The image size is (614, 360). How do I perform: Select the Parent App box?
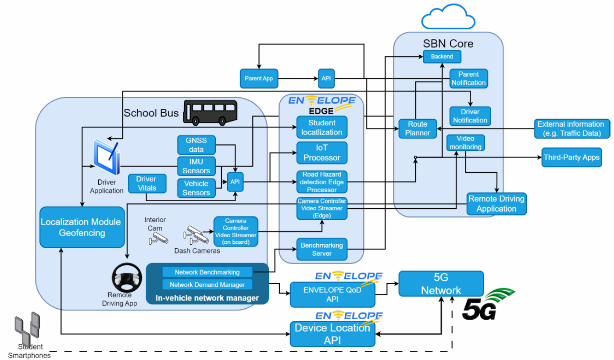(259, 78)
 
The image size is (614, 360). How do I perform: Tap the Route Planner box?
(418, 128)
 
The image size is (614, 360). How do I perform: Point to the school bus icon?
(210, 113)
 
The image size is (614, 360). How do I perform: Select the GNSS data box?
(196, 144)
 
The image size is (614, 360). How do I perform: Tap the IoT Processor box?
(321, 152)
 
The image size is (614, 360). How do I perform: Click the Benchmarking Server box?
(321, 249)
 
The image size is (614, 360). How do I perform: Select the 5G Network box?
(441, 283)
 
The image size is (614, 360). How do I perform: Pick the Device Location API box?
(332, 334)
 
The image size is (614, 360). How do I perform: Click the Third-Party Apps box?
(571, 157)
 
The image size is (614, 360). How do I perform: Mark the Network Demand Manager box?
(207, 285)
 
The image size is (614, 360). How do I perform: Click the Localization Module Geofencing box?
(81, 227)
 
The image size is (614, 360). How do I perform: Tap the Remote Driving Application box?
(496, 204)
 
